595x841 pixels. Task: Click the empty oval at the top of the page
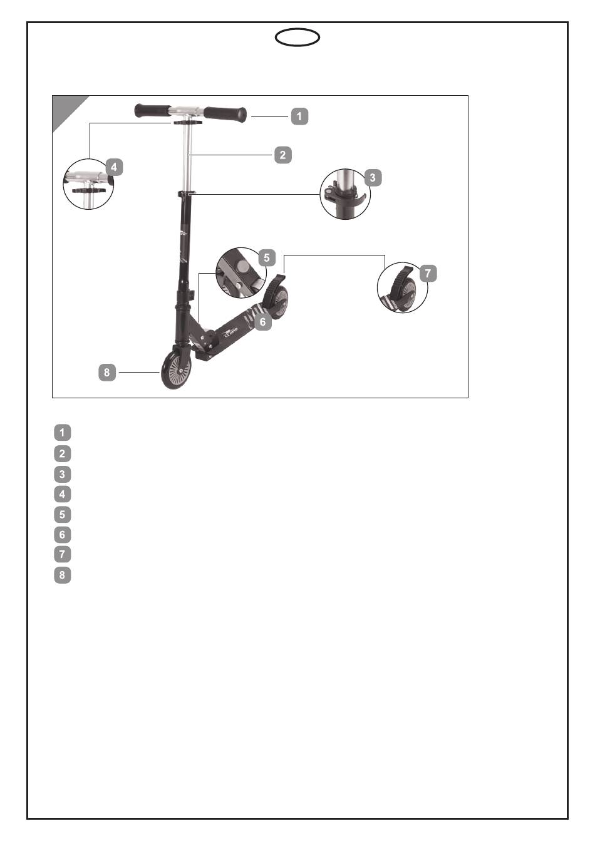297,38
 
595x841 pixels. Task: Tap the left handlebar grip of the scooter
152,111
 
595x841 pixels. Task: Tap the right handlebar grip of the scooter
225,114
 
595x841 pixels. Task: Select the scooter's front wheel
176,370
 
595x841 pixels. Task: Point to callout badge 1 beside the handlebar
299,116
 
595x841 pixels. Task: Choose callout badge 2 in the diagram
283,155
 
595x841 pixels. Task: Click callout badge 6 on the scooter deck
262,322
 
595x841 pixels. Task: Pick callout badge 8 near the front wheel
107,373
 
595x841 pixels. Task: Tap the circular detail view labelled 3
344,194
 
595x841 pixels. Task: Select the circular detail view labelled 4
88,185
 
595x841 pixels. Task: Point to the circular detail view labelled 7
402,288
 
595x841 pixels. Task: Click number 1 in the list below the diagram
63,432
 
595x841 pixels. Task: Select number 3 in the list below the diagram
63,474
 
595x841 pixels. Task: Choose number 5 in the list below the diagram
63,514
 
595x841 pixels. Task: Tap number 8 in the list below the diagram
63,574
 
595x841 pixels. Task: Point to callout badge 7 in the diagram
428,273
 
